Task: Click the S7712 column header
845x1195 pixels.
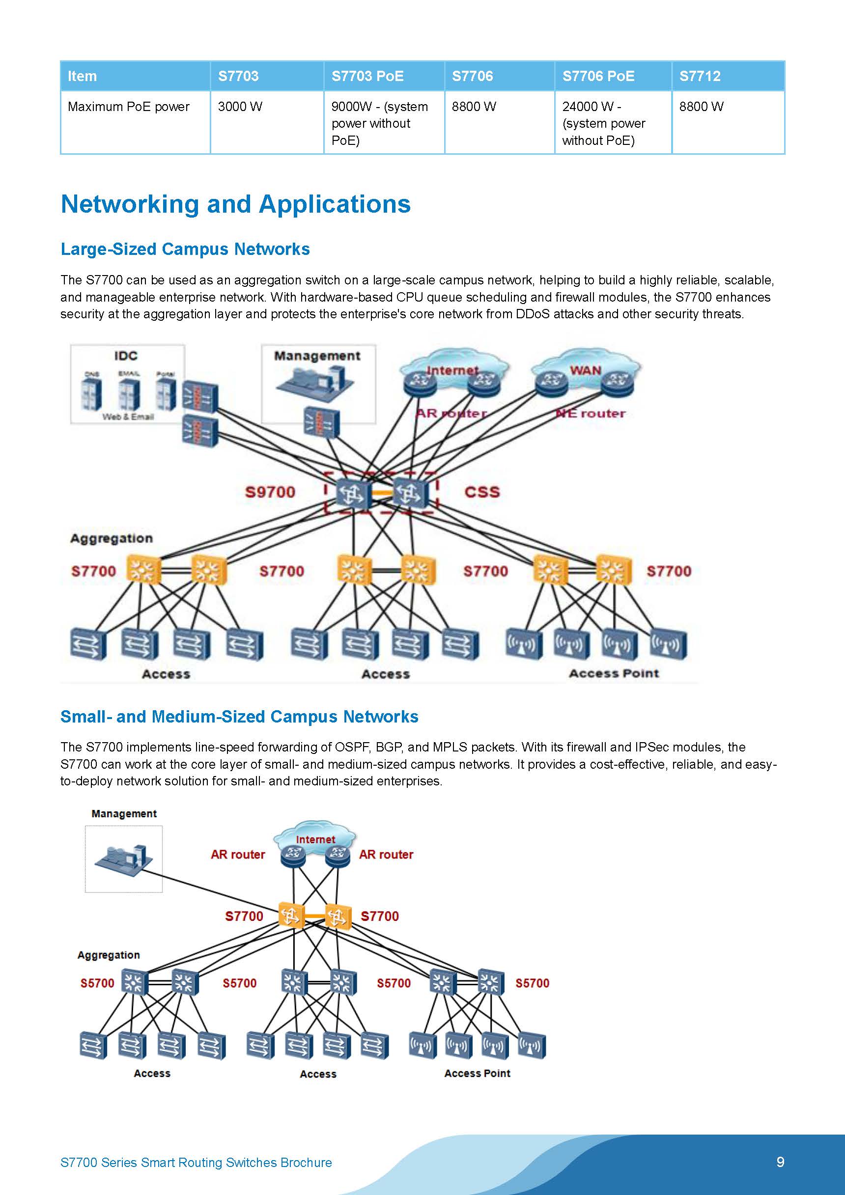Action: click(x=699, y=76)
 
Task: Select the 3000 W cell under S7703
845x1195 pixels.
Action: click(x=240, y=107)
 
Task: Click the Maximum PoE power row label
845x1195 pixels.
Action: click(x=129, y=107)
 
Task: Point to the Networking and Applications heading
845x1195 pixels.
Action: click(x=235, y=204)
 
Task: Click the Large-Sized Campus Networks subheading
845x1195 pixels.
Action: click(x=185, y=249)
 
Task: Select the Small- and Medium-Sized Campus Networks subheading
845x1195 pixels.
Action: click(x=239, y=717)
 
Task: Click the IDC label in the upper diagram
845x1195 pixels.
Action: click(x=125, y=356)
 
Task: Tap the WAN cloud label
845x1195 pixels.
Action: click(x=585, y=370)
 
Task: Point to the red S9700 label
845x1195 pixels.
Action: click(x=270, y=492)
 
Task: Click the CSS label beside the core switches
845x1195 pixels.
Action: click(x=481, y=492)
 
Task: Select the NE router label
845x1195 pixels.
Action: click(x=591, y=413)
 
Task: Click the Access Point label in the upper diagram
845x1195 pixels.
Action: click(x=613, y=673)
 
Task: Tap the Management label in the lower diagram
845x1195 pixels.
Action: click(x=124, y=813)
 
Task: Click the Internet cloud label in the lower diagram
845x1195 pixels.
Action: click(x=315, y=839)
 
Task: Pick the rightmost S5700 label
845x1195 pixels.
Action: click(x=532, y=983)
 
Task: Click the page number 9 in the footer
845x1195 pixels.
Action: click(x=780, y=1162)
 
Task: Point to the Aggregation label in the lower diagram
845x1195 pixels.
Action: click(x=108, y=955)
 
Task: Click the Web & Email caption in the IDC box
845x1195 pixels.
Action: click(x=128, y=417)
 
